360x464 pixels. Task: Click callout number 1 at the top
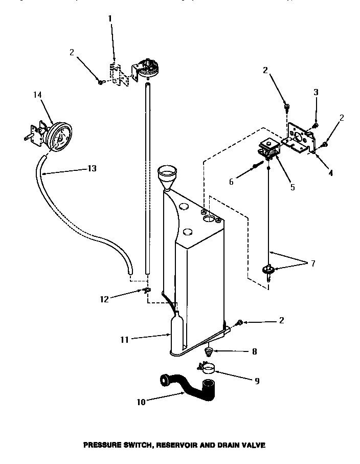(x=109, y=19)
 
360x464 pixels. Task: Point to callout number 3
(x=316, y=93)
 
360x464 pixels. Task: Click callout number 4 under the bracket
(x=330, y=173)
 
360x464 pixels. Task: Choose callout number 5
(x=292, y=187)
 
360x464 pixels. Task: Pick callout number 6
(x=231, y=182)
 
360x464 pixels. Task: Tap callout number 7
(x=312, y=264)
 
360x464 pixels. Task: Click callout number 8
(x=254, y=351)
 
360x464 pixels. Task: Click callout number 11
(x=124, y=338)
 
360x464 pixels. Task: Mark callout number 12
(x=104, y=299)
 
